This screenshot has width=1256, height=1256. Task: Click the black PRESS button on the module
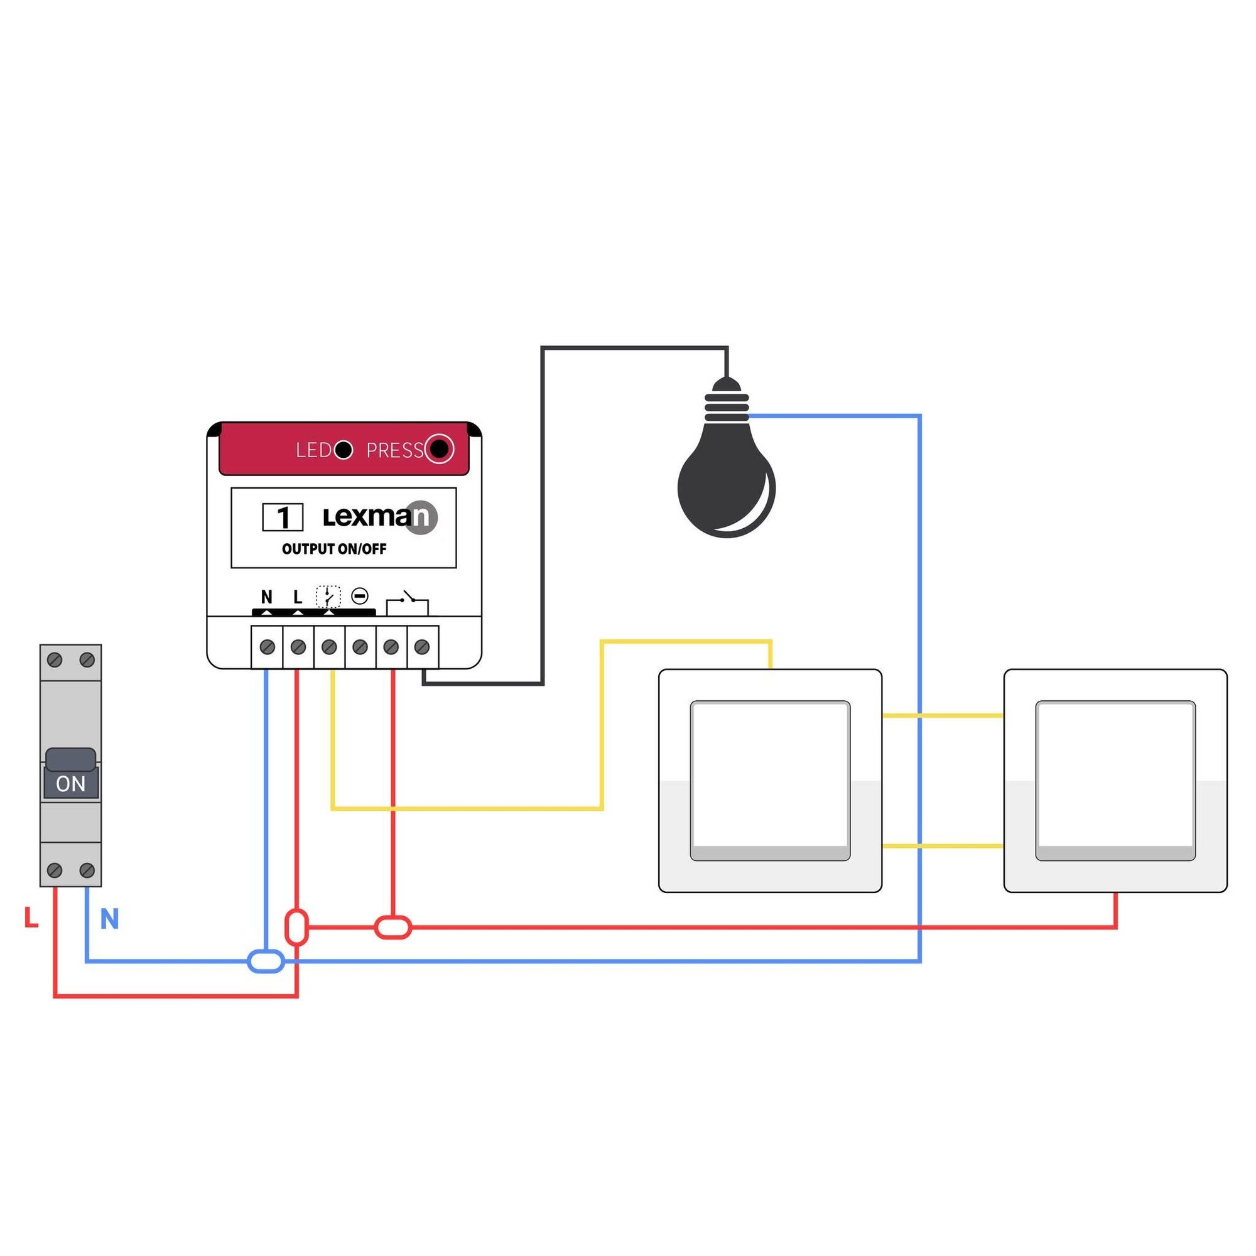[439, 448]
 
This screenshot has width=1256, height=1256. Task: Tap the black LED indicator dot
[344, 449]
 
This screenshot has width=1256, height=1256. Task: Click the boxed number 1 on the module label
[282, 517]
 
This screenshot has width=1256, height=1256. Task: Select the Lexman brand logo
[381, 517]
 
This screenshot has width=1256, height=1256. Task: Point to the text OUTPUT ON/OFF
[334, 549]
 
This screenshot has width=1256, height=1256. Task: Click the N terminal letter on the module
[266, 596]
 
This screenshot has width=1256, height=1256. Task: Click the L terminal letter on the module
[298, 596]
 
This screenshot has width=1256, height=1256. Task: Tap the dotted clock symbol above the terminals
[328, 596]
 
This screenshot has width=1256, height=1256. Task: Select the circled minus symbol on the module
[359, 595]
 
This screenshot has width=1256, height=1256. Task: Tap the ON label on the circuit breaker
[71, 784]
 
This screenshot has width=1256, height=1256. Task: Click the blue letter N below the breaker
[109, 919]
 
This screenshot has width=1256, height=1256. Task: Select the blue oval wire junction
[266, 961]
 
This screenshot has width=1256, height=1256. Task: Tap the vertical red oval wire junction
[296, 927]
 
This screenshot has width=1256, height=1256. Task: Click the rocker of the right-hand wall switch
[1115, 780]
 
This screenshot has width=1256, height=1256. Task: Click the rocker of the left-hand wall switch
[771, 780]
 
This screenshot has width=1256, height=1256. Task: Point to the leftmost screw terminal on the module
[267, 647]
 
